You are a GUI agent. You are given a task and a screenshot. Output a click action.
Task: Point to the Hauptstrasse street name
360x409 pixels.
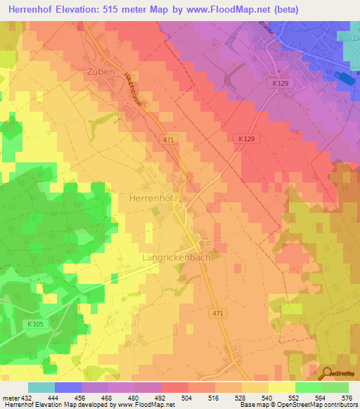click(x=133, y=89)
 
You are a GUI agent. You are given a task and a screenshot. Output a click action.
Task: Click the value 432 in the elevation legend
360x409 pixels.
click(x=26, y=397)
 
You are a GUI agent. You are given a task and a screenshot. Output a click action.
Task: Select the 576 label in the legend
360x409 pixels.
click(x=347, y=397)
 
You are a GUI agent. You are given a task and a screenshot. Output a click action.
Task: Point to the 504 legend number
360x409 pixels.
click(x=186, y=397)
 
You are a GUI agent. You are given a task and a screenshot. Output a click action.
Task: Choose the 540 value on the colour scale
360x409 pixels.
click(x=266, y=397)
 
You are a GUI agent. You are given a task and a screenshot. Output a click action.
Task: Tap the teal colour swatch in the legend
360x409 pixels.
click(x=41, y=387)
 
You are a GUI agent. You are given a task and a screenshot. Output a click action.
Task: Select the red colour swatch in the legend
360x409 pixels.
click(x=175, y=387)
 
